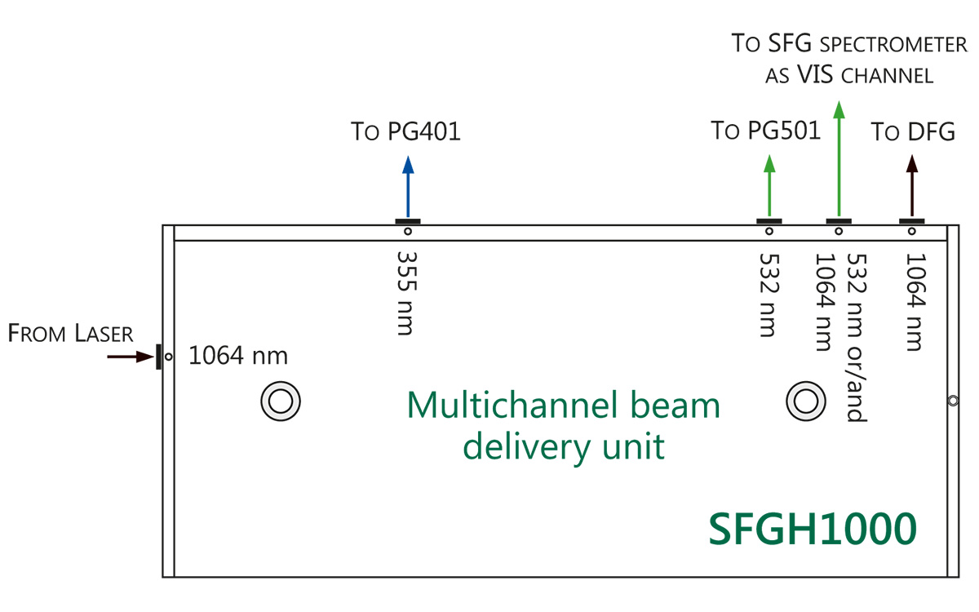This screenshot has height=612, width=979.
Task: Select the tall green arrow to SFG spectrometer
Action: coord(838,159)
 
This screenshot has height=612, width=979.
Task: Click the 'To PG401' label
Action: coord(405,131)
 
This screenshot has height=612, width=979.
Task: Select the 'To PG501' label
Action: coord(765,131)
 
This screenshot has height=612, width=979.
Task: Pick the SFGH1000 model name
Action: coord(812,529)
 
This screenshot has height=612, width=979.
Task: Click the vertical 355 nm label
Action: coord(405,292)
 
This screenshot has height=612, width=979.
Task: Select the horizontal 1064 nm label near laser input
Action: coord(238,357)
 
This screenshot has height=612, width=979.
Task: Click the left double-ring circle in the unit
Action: coord(281,401)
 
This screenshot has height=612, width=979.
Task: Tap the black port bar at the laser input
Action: coord(158,357)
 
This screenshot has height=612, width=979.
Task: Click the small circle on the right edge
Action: coord(953,401)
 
